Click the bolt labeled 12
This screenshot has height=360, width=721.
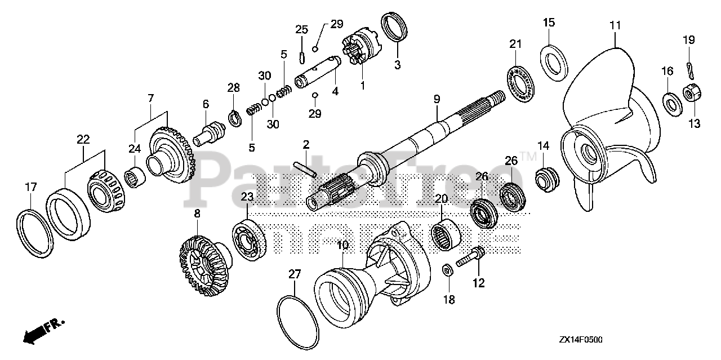pyautogui.click(x=470, y=260)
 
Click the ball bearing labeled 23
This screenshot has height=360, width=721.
pyautogui.click(x=248, y=242)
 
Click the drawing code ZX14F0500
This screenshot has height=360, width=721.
pyautogui.click(x=580, y=340)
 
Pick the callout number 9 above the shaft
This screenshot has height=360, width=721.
pyautogui.click(x=437, y=99)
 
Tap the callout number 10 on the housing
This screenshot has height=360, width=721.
pyautogui.click(x=342, y=247)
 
